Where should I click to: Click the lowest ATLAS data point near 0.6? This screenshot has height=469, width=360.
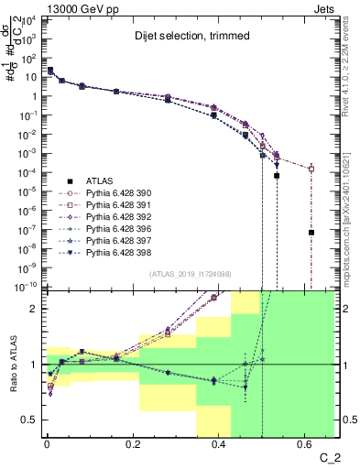coord(311,233)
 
